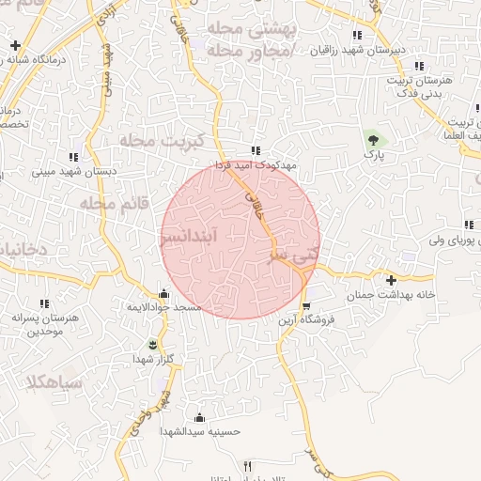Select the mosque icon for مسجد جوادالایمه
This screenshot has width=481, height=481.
164,292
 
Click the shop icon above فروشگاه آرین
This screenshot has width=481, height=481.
305,306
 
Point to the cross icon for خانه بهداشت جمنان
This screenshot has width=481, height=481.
391,280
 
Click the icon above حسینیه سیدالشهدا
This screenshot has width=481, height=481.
198,417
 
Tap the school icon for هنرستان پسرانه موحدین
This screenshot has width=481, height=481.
44,303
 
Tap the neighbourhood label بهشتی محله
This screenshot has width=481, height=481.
248,29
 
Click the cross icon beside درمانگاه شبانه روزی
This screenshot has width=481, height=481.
15,45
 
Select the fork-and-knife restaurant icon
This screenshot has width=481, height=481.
248,466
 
